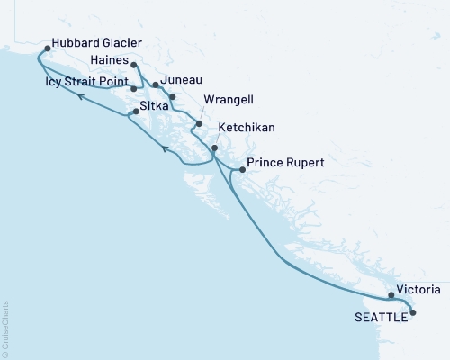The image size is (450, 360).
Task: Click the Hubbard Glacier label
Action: coord(97,42)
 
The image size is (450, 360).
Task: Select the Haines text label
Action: coord(111,59)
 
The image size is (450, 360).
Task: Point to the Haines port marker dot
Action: coord(133,65)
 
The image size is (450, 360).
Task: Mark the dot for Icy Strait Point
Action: coord(133,88)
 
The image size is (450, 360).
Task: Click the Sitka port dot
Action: coord(135,112)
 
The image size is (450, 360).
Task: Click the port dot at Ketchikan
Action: coord(214,148)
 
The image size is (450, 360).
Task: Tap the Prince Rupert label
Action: coord(285,163)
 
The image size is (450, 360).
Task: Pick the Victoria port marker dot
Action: coord(391,294)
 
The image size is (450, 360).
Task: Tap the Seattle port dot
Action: coord(413,312)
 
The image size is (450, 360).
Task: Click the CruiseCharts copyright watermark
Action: coord(6,327)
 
